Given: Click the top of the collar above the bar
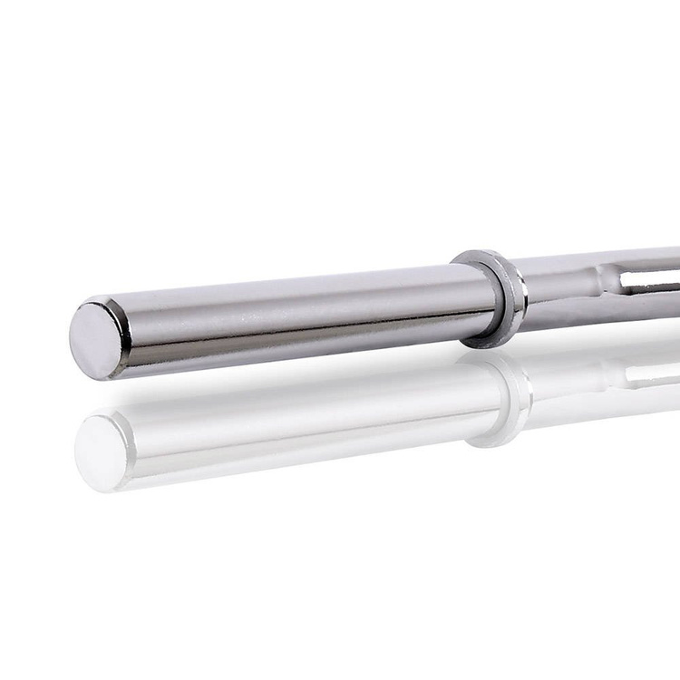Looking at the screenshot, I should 481,256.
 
